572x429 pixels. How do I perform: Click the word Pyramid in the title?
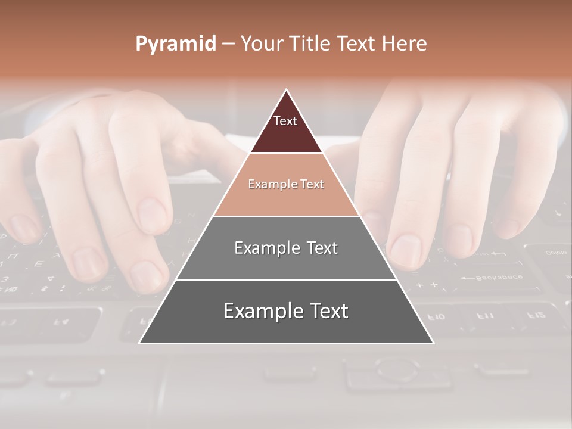click(176, 44)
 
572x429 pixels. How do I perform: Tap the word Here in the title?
click(404, 43)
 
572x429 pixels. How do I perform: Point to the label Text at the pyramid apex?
click(285, 121)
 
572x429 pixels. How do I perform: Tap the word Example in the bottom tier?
click(260, 311)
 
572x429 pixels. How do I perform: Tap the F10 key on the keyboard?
click(437, 316)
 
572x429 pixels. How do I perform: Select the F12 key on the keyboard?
click(536, 314)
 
